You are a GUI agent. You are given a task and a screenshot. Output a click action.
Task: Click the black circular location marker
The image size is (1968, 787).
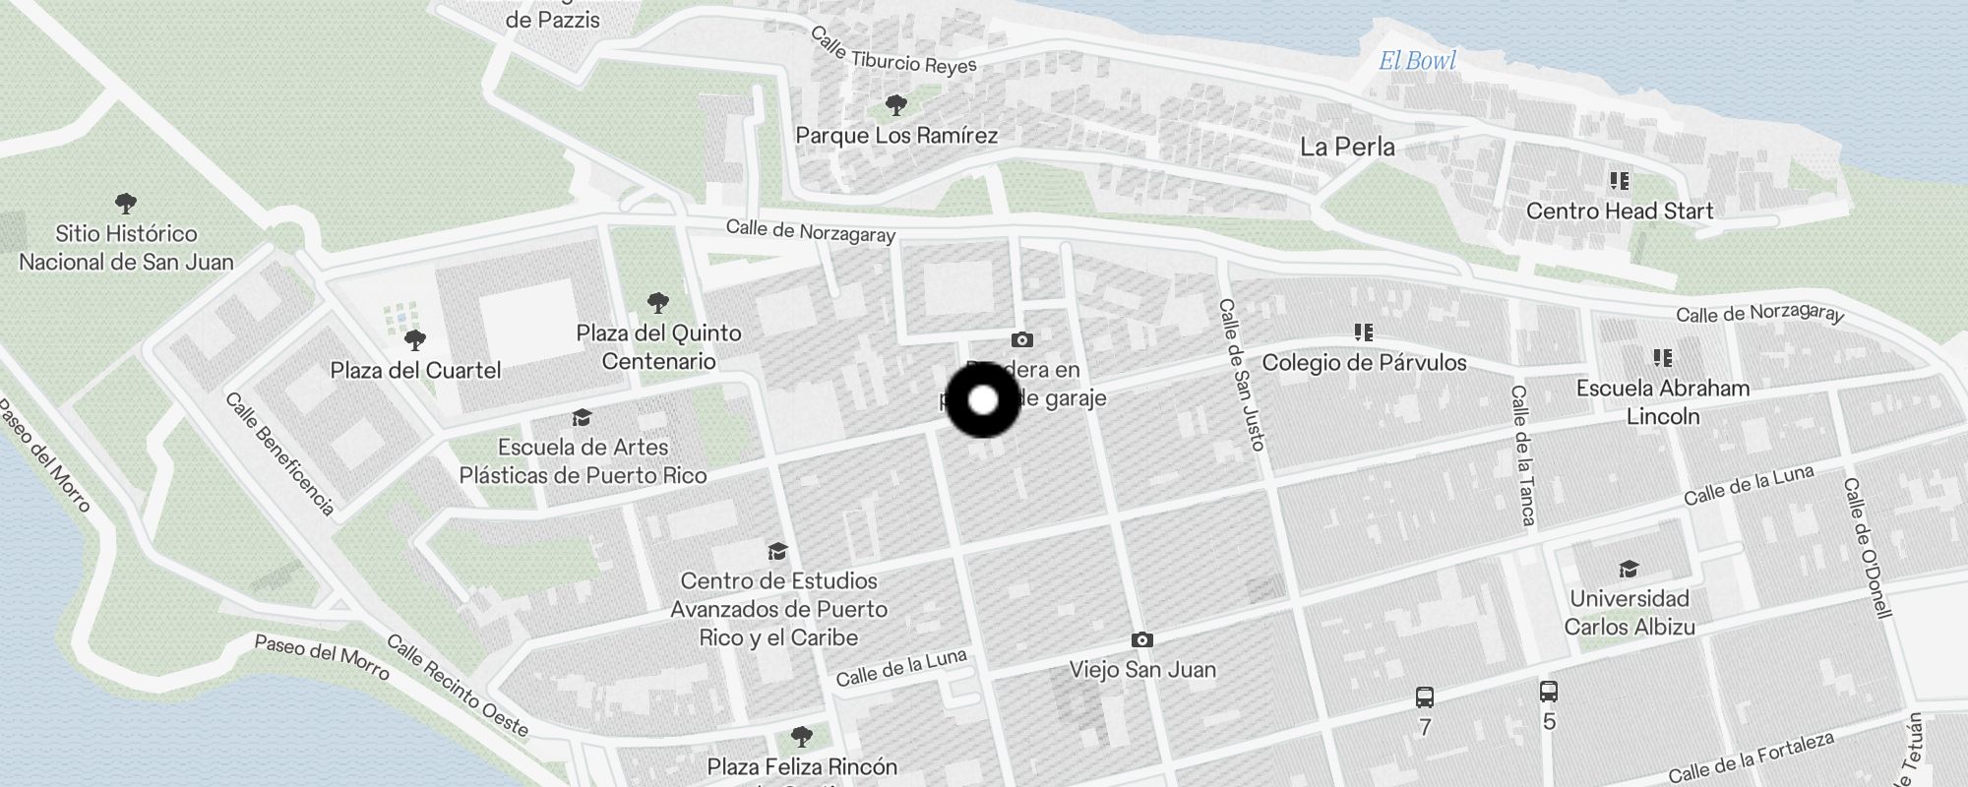point(983,400)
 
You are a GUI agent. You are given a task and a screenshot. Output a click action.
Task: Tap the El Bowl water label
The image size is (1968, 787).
point(1417,61)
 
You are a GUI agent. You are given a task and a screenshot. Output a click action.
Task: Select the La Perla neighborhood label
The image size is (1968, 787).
point(1347,148)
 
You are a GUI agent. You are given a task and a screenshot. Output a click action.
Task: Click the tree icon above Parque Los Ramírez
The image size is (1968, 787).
point(895,104)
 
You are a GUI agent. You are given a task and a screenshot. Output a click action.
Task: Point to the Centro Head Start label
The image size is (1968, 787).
point(1620,211)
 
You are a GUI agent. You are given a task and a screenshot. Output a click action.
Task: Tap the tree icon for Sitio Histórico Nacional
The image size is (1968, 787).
point(125,204)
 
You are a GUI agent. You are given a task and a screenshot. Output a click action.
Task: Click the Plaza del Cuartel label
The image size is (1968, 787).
point(415,371)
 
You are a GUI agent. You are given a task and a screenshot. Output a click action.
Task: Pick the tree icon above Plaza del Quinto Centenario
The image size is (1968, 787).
point(658,302)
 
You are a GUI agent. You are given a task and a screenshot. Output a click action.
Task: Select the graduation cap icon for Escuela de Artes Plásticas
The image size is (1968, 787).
point(582,418)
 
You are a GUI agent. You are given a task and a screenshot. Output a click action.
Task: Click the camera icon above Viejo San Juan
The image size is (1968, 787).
point(1141,640)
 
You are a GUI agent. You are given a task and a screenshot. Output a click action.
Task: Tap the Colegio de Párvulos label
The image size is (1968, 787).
point(1364,363)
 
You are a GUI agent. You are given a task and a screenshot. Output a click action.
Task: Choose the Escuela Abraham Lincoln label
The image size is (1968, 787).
point(1663,401)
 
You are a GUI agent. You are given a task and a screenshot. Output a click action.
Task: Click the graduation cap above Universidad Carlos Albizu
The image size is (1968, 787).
point(1629,570)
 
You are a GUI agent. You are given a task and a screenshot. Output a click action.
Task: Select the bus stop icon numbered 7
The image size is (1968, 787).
point(1424,698)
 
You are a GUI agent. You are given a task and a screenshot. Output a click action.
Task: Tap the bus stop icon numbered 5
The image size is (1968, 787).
point(1548,692)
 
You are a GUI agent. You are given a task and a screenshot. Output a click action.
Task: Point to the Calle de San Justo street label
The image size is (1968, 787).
point(1241,375)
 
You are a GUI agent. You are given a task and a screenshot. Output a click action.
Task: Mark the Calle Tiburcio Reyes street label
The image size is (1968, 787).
point(892,51)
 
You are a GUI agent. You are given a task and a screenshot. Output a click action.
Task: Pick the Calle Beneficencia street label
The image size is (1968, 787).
point(279,454)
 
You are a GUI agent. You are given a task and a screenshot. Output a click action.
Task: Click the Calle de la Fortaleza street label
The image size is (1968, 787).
point(1751,757)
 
